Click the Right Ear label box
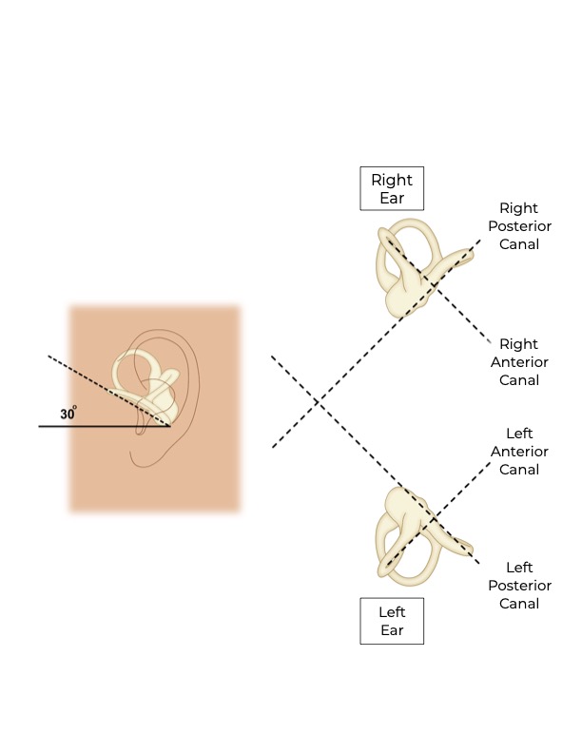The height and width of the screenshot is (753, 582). (x=392, y=188)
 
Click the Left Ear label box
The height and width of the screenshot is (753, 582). (x=392, y=621)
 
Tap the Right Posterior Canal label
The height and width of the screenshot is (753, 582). (x=518, y=226)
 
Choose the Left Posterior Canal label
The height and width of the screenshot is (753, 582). (x=518, y=585)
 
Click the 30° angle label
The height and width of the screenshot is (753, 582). (x=68, y=414)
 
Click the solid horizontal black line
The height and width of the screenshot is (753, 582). (x=95, y=426)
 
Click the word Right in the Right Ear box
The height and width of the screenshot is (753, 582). (x=392, y=179)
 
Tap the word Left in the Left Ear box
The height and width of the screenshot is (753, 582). (x=392, y=611)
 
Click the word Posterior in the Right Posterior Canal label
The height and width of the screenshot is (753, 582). (x=518, y=226)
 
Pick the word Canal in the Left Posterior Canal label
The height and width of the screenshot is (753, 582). (x=518, y=603)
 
